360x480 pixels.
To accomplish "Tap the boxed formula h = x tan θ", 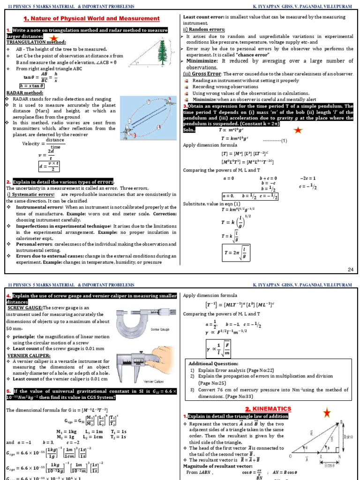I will [x=31, y=86].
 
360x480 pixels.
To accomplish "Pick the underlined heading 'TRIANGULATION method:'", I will [x=30, y=42].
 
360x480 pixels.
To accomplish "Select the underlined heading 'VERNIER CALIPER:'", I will [x=26, y=355].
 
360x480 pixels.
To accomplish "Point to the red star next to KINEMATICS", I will [x=327, y=412].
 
